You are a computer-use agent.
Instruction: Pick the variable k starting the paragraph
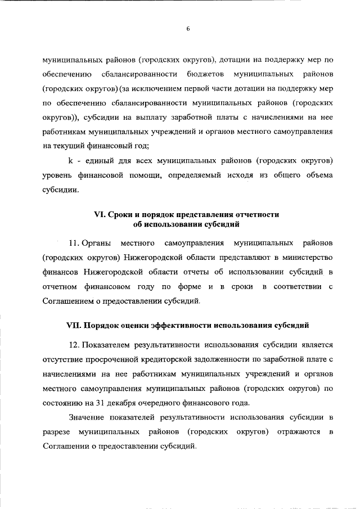pos(62,161)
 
